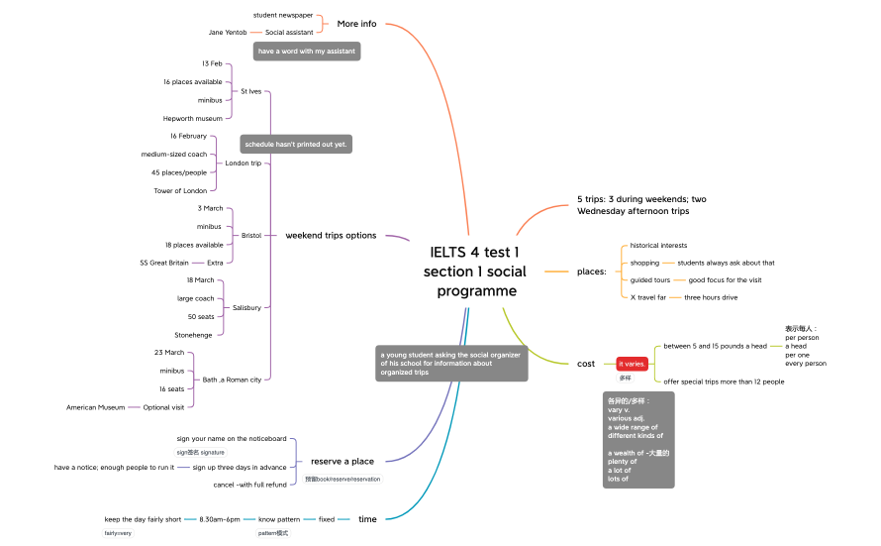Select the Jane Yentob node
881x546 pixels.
[228, 32]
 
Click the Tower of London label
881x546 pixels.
[180, 190]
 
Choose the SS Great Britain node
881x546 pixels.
[164, 263]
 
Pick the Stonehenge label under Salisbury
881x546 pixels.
[193, 335]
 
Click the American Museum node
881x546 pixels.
[96, 407]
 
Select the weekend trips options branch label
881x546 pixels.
[331, 235]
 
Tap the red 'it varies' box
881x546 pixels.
[633, 364]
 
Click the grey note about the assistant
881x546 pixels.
[307, 51]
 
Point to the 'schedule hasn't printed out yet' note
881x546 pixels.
[297, 144]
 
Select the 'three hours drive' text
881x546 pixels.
[711, 297]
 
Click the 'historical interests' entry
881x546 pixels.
[658, 245]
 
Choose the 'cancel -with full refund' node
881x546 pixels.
[249, 485]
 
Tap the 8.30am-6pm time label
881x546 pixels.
[220, 519]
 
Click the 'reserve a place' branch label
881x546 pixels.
[343, 461]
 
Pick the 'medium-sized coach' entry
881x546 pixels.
[174, 154]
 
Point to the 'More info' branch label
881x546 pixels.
[356, 24]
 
